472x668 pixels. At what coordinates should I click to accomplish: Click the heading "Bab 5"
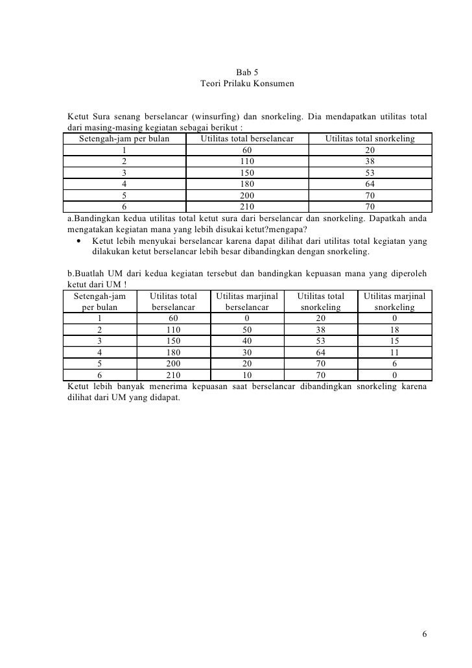pos(247,72)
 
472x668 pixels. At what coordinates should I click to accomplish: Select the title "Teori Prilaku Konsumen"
pos(247,84)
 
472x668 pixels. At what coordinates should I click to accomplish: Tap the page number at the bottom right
pos(424,633)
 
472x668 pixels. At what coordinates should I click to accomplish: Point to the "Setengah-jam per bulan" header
pos(124,138)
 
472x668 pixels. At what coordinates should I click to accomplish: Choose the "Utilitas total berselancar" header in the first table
pos(247,138)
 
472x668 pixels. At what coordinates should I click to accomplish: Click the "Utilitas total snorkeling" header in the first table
pos(370,138)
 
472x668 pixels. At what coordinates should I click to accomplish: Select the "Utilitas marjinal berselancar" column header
pos(247,302)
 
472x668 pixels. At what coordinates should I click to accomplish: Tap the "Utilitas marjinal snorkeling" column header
pos(394,302)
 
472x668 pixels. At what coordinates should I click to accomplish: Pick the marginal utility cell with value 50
pos(247,329)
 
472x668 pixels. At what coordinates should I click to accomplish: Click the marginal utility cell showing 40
pos(247,340)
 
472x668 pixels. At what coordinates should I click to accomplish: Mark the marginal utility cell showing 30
pos(247,352)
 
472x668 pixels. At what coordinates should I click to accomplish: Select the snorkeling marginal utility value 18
pos(394,329)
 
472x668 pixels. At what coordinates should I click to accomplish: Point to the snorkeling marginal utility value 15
pos(394,340)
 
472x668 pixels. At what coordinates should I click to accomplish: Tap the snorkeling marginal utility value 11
pos(394,352)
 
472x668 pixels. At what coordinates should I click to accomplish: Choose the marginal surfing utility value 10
pos(247,374)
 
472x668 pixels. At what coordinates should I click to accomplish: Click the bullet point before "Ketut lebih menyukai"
pos(78,242)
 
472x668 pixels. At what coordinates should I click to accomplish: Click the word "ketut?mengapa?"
pos(266,230)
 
